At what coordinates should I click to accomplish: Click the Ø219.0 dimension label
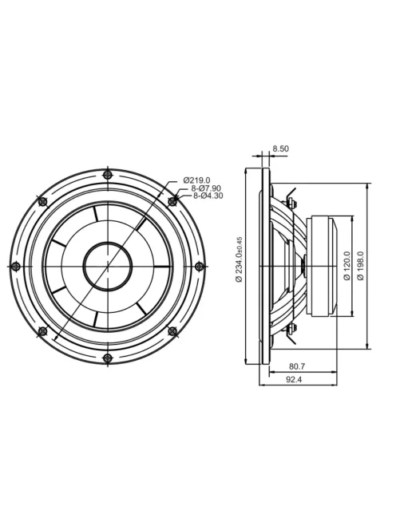click(196, 180)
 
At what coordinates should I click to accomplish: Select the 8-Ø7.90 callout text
click(206, 188)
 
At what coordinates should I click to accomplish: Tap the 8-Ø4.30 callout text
click(208, 196)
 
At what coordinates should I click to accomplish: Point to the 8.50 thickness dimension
click(281, 148)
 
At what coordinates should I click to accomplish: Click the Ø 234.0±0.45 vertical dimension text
click(239, 259)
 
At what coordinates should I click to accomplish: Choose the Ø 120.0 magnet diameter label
click(346, 266)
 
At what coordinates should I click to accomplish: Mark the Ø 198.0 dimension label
click(361, 266)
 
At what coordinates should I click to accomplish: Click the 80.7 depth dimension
click(297, 366)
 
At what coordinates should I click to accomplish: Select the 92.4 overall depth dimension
click(294, 380)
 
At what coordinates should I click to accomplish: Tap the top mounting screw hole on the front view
click(108, 175)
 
